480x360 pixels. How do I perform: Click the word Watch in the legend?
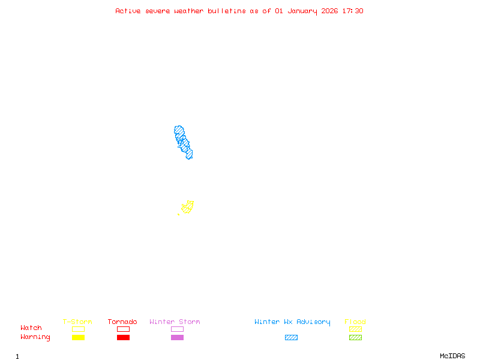[x=31, y=328]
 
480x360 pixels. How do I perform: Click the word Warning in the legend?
[x=35, y=337]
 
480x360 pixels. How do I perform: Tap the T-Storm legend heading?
[x=77, y=322]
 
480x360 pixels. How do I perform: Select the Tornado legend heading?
[x=122, y=322]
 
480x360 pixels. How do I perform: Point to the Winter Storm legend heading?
[x=175, y=322]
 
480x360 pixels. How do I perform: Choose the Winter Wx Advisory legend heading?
[x=292, y=322]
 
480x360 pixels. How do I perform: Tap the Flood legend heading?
[x=355, y=322]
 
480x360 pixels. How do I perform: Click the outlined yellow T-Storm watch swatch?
[x=78, y=329]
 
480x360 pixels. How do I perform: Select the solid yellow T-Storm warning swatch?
[x=78, y=337]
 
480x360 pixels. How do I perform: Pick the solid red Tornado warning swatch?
[x=123, y=337]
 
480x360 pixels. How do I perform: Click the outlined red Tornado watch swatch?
[x=123, y=329]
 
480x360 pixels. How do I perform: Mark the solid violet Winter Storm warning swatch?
[x=177, y=337]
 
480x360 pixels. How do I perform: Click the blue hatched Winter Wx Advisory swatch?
[x=291, y=337]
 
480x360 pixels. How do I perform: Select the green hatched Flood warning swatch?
[x=355, y=337]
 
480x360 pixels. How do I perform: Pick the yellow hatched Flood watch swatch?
[x=355, y=329]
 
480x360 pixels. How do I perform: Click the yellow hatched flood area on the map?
[x=187, y=208]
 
